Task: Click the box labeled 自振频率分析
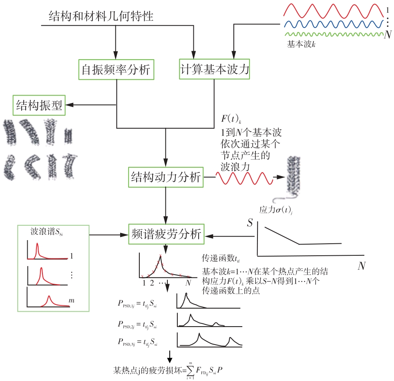coord(116,70)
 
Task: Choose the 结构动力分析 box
coord(166,176)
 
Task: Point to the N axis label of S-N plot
coord(362,266)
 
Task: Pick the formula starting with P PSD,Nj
coord(137,342)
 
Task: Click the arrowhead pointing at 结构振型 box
coord(69,105)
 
